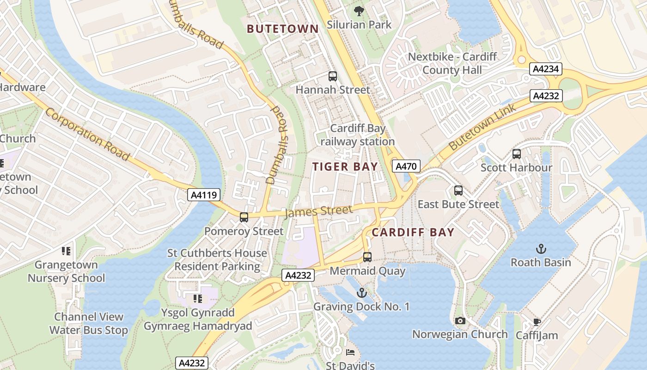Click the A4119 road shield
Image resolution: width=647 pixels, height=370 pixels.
point(204,195)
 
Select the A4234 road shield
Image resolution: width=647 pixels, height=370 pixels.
point(545,69)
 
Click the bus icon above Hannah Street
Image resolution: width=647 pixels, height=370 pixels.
point(332,76)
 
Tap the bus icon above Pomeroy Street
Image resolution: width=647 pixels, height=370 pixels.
point(244,217)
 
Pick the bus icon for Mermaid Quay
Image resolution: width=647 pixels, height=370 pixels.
point(367,257)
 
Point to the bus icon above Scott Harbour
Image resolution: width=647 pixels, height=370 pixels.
point(516,154)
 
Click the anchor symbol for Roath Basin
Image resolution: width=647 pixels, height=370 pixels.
point(541,249)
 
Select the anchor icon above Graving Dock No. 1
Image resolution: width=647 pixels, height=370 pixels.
point(361,293)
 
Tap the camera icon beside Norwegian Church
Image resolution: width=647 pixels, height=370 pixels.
point(460,321)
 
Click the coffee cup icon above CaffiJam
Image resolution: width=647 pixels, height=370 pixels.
point(537,322)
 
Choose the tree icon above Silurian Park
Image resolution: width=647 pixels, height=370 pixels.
point(359,11)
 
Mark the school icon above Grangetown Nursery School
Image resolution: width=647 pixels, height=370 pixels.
point(66,251)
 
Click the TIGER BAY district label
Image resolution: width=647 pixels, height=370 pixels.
point(345,167)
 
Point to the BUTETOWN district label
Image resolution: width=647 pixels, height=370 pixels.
point(283,29)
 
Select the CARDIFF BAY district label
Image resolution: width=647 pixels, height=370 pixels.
point(413,233)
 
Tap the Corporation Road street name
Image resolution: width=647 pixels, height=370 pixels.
point(87,135)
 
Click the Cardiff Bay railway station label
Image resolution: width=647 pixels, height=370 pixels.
point(358,135)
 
